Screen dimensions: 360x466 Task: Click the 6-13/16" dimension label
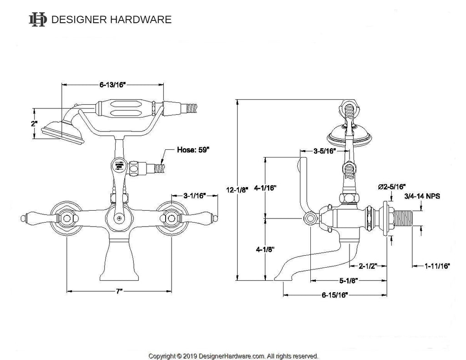click(x=112, y=85)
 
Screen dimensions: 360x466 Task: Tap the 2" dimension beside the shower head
click(x=34, y=124)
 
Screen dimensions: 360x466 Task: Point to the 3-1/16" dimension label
click(x=194, y=196)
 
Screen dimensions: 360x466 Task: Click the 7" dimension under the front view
click(x=118, y=290)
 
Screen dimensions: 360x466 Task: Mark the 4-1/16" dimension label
click(x=265, y=188)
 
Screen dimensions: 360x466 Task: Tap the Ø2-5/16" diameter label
click(x=392, y=187)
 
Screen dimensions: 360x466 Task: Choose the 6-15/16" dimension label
click(x=334, y=295)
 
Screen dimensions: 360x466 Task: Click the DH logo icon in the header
click(x=38, y=19)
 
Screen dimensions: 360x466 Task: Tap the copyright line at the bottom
click(x=233, y=356)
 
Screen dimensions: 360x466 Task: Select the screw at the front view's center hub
click(x=119, y=218)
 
